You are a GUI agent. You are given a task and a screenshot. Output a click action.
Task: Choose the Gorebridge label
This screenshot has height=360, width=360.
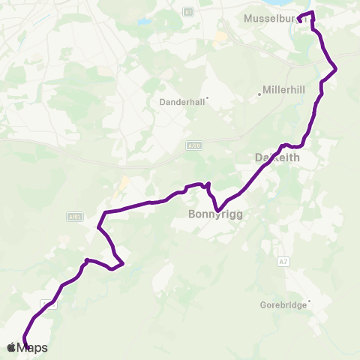pyautogui.click(x=283, y=305)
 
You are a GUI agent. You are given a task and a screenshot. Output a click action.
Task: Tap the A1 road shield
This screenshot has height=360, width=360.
pyautogui.click(x=189, y=11)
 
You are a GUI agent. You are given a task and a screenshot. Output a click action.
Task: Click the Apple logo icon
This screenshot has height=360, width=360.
pyautogui.click(x=10, y=347)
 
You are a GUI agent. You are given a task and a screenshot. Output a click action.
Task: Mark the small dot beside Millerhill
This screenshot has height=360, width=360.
pyautogui.click(x=259, y=94)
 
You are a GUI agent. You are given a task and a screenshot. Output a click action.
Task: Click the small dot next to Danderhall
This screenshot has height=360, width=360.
pyautogui.click(x=207, y=97)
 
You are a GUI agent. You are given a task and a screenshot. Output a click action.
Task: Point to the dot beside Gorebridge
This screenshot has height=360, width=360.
pyautogui.click(x=308, y=301)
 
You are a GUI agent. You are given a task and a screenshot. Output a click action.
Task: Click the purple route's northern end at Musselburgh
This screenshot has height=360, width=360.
pyautogui.click(x=299, y=20)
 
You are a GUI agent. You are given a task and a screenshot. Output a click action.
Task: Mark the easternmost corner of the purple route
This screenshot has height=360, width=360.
pyautogui.click(x=335, y=70)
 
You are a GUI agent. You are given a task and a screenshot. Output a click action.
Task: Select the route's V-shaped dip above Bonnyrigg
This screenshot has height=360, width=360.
pyautogui.click(x=217, y=210)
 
